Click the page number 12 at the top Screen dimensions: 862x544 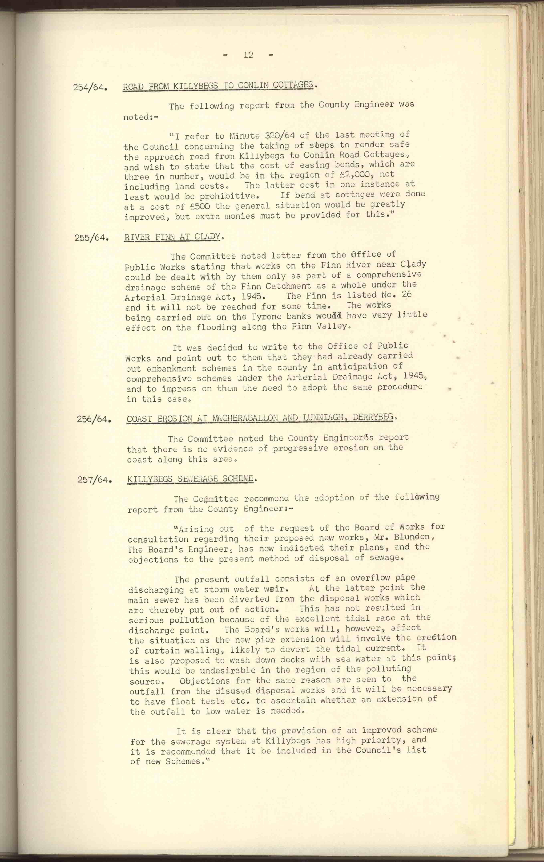248,55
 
